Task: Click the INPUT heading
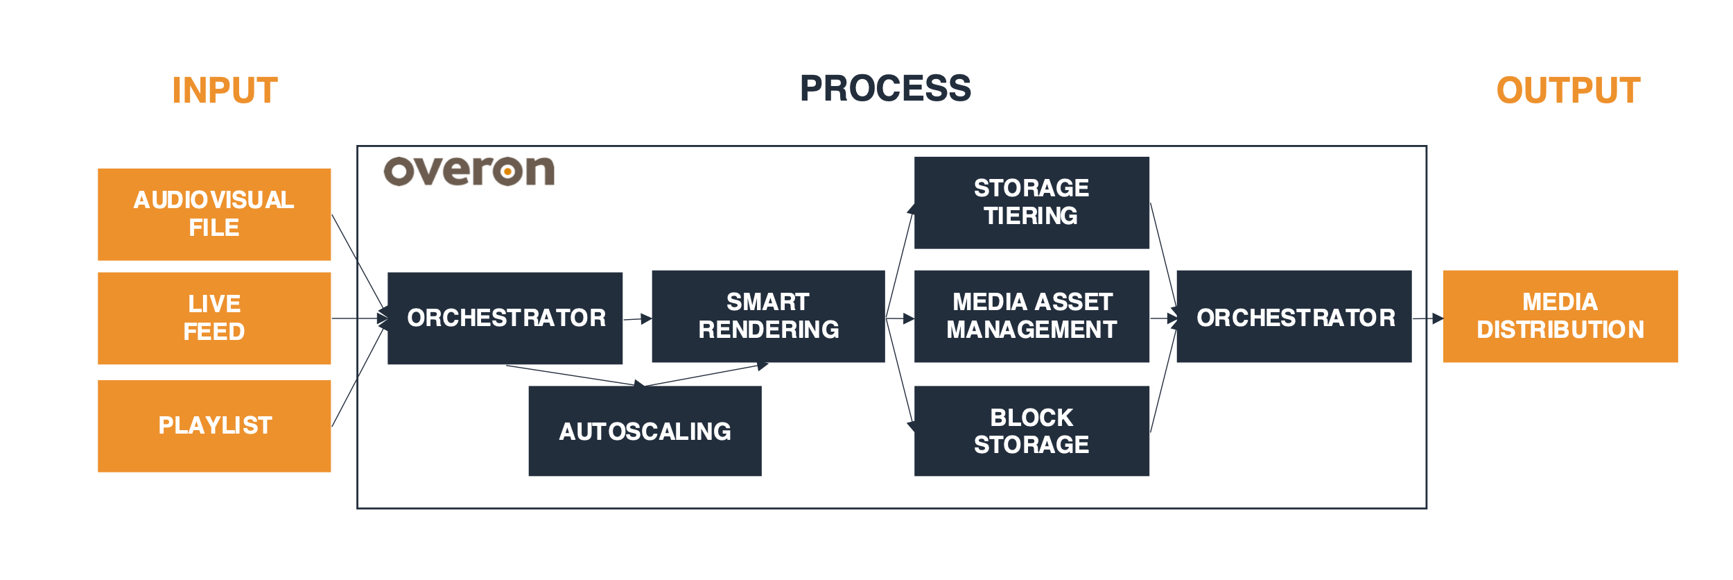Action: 225,91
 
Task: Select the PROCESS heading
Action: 885,89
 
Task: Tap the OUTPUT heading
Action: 1568,91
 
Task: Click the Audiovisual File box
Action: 214,214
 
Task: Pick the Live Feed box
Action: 214,318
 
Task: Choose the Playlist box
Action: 214,426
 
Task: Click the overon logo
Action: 469,171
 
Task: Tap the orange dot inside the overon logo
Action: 508,171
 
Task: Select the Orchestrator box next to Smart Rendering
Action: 505,318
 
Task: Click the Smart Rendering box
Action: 768,316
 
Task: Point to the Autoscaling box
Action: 645,431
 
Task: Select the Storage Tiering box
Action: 1031,203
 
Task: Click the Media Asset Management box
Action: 1031,316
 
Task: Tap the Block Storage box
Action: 1031,431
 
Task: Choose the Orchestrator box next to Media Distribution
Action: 1294,316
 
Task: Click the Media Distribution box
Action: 1560,316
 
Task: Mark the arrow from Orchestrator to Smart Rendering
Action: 638,319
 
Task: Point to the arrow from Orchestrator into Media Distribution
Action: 1428,318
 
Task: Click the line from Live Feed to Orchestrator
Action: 357,318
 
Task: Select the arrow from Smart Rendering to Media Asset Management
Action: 900,318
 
